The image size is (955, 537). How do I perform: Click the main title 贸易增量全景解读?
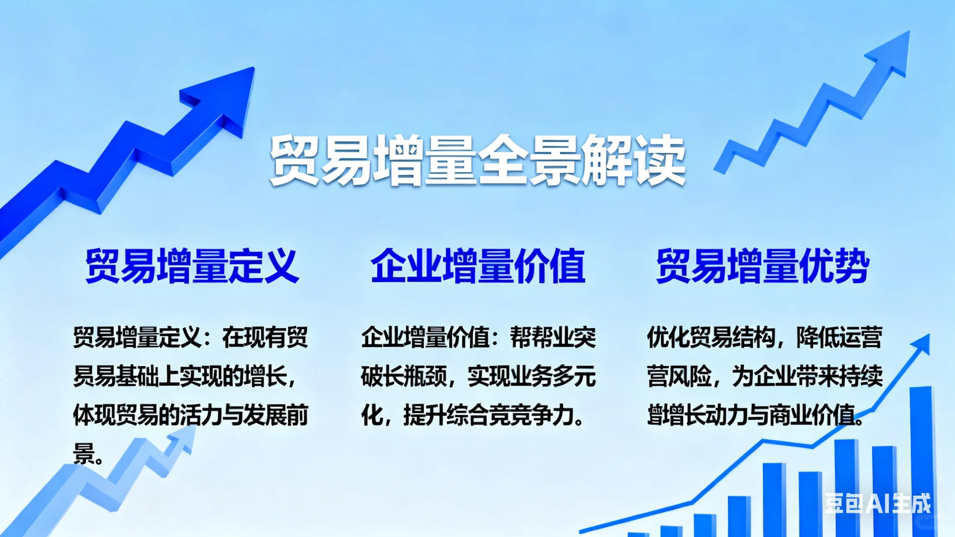(x=477, y=161)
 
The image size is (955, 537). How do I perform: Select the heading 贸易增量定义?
(x=192, y=266)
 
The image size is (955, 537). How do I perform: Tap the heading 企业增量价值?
(x=478, y=266)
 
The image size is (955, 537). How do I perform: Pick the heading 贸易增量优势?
(x=763, y=266)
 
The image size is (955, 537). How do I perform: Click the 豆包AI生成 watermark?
(x=877, y=503)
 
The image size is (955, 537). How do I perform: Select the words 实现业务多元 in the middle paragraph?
(x=531, y=376)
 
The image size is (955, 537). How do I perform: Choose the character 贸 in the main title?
(x=294, y=161)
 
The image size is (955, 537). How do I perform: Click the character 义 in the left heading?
(x=281, y=266)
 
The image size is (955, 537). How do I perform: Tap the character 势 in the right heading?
(x=852, y=266)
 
